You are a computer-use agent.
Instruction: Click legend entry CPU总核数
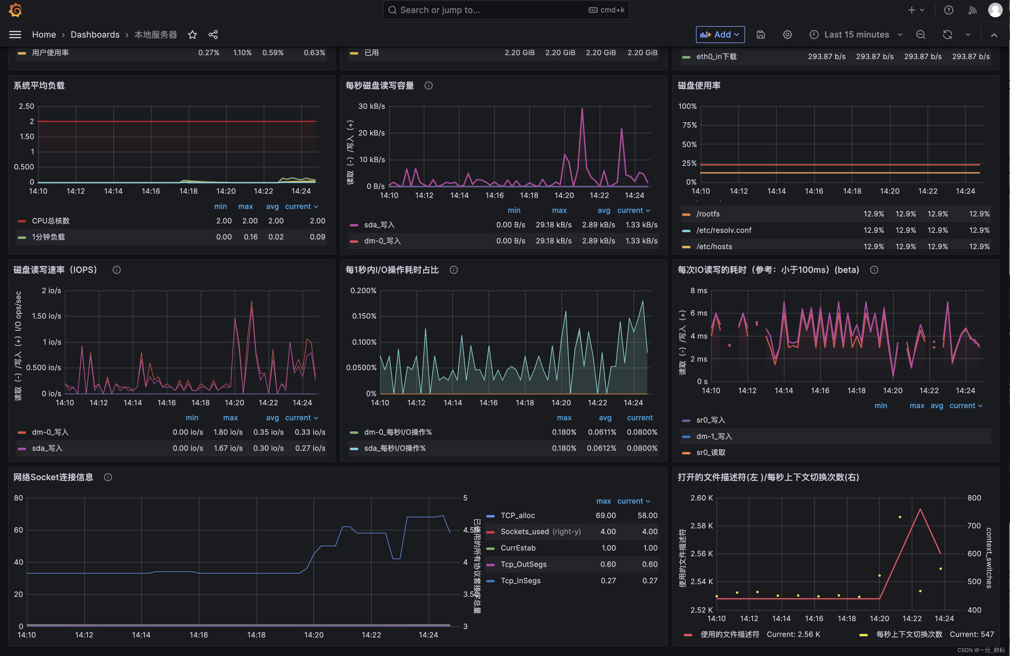[51, 221]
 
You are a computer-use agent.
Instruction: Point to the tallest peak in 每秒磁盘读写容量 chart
[582, 109]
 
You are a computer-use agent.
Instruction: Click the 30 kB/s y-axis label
[371, 106]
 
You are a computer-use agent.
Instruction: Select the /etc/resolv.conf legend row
[724, 230]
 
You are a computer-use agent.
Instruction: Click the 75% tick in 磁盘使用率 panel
[689, 125]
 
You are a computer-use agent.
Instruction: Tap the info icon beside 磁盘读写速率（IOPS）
[117, 270]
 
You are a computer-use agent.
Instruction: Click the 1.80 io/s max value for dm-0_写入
[228, 432]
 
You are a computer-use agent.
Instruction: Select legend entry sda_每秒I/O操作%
[395, 448]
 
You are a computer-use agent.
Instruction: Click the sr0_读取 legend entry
[711, 452]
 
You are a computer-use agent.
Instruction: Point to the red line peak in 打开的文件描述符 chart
[920, 509]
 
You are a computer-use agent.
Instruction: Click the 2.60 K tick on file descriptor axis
[701, 498]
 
